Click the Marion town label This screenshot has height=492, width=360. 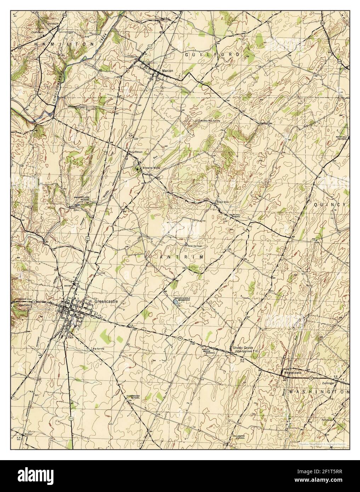point(167,71)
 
